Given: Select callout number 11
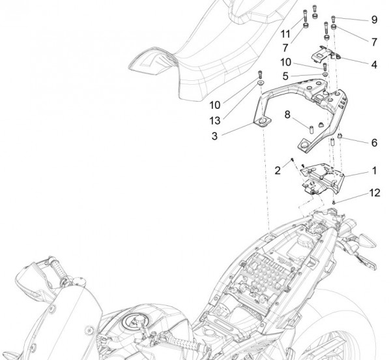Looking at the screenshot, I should click(x=285, y=33).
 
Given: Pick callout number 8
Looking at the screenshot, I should click(x=287, y=115).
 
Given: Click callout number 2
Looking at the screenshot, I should click(x=278, y=170).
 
